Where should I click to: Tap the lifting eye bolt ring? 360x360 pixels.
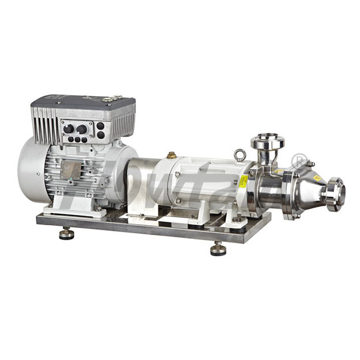pos(240,154)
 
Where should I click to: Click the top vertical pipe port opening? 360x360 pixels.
pos(267,140)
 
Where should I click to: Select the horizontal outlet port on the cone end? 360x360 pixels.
pos(334,194)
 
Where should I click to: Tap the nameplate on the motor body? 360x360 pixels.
pos(71,169)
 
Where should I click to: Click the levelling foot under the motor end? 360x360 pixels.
pos(67,233)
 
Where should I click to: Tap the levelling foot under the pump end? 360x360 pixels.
pos(218,248)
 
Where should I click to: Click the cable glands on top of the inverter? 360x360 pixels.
pos(112,98)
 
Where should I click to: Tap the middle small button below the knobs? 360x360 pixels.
pos(77,139)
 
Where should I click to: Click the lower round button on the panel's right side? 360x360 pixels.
pos(101,135)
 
